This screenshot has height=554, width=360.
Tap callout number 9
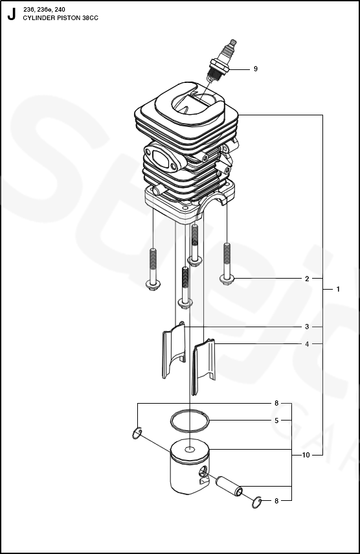click(256, 69)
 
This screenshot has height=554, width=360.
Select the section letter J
click(12, 14)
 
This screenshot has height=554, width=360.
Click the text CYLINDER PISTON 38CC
click(60, 18)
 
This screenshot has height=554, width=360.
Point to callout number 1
click(338, 290)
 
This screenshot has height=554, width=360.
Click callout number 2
click(307, 279)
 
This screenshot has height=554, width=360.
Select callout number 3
click(307, 327)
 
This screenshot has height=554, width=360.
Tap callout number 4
click(307, 344)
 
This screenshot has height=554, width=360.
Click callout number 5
click(276, 421)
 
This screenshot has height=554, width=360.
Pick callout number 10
click(306, 455)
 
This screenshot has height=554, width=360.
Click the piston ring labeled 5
click(190, 421)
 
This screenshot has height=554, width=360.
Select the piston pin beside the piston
click(229, 487)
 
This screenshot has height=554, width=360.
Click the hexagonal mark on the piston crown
click(190, 450)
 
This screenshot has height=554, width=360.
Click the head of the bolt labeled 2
click(227, 279)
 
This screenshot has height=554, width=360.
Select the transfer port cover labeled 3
click(174, 349)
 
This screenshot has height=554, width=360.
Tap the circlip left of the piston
click(137, 433)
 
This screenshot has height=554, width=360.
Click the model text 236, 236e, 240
click(44, 10)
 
